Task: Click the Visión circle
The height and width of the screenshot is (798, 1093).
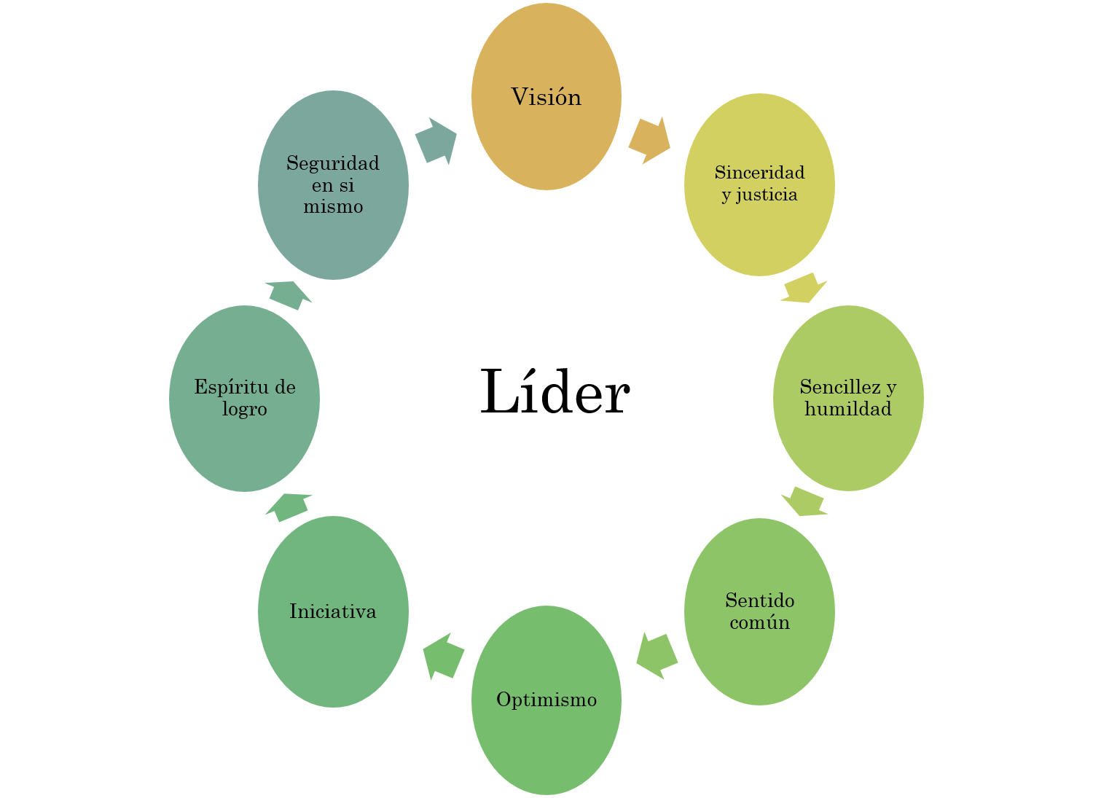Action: (x=546, y=96)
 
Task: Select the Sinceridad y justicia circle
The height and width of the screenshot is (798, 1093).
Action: (x=759, y=184)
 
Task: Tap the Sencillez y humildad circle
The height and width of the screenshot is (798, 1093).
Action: (x=848, y=398)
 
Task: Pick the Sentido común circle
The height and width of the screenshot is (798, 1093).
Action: (x=759, y=611)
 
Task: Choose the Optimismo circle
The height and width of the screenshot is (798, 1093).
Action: (x=546, y=700)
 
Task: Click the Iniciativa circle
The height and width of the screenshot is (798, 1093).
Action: (x=333, y=611)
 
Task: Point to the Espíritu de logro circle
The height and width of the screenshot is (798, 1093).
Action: (x=245, y=398)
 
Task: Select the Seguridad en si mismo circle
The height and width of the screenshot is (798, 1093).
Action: (x=333, y=184)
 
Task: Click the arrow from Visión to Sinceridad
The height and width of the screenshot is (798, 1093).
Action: (x=649, y=140)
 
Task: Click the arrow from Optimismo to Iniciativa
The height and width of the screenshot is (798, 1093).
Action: (x=443, y=656)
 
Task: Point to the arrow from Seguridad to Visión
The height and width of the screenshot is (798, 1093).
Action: (x=436, y=141)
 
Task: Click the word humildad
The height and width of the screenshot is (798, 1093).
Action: (x=848, y=409)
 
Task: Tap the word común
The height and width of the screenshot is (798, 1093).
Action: (x=759, y=623)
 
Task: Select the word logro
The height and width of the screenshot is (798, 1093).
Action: (x=245, y=410)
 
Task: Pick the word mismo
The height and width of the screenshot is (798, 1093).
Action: (x=333, y=207)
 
